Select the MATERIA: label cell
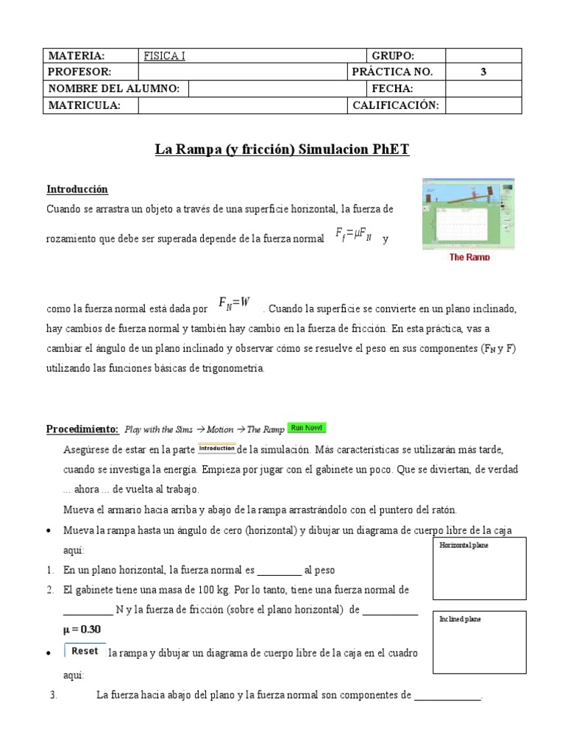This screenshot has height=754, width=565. pos(77,56)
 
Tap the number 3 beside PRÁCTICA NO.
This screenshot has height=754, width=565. pos(483,72)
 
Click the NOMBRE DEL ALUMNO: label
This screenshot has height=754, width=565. pos(114,88)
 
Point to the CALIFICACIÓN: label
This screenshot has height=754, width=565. pos(396,105)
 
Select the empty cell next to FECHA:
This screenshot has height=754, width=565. pos(483,88)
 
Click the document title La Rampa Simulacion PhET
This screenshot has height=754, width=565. pos(282,149)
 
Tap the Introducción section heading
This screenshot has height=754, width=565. pos(77,189)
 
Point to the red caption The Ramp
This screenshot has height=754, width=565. pos(469,257)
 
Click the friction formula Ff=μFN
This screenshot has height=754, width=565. pos(353,236)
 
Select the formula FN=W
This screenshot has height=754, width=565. pos(235,303)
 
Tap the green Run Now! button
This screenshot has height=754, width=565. pos(307,428)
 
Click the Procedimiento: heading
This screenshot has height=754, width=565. pos(82,429)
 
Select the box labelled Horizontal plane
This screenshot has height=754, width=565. pos(479,568)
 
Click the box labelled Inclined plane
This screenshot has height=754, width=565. pos(479,642)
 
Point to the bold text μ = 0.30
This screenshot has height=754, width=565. pos(82,630)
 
